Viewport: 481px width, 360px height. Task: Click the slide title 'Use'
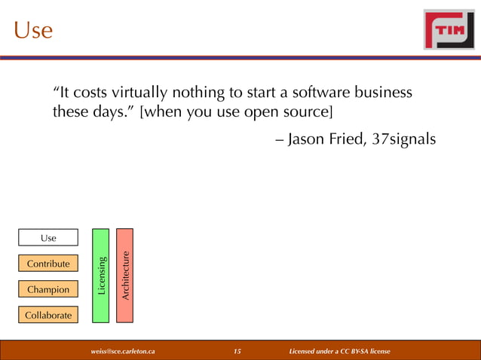33,30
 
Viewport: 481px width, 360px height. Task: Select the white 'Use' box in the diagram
48,238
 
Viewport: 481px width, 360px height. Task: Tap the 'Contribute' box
48,264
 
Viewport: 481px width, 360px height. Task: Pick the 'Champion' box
48,289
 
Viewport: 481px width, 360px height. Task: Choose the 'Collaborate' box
48,315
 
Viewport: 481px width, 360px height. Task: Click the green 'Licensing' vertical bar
101,276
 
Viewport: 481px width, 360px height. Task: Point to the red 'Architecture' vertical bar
125,276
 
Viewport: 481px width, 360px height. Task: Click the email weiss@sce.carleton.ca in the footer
123,351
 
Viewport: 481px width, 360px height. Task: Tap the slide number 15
237,351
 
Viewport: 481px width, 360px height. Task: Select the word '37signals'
405,140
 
